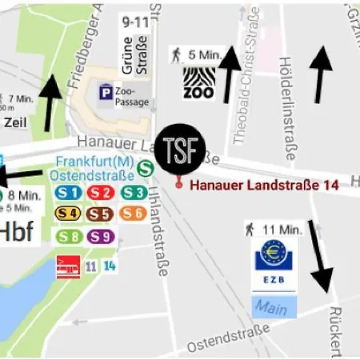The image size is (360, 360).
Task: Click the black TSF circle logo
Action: [180, 149]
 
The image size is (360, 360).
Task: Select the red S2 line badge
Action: [100, 193]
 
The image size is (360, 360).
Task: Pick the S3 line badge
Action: [134, 193]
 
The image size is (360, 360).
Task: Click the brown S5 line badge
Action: [100, 214]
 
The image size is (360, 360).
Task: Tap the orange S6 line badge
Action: [134, 214]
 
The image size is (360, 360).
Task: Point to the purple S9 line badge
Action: [100, 236]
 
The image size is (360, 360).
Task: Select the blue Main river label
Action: [273, 306]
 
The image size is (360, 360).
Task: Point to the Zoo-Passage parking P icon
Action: [105, 94]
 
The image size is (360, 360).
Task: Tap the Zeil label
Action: [16, 122]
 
